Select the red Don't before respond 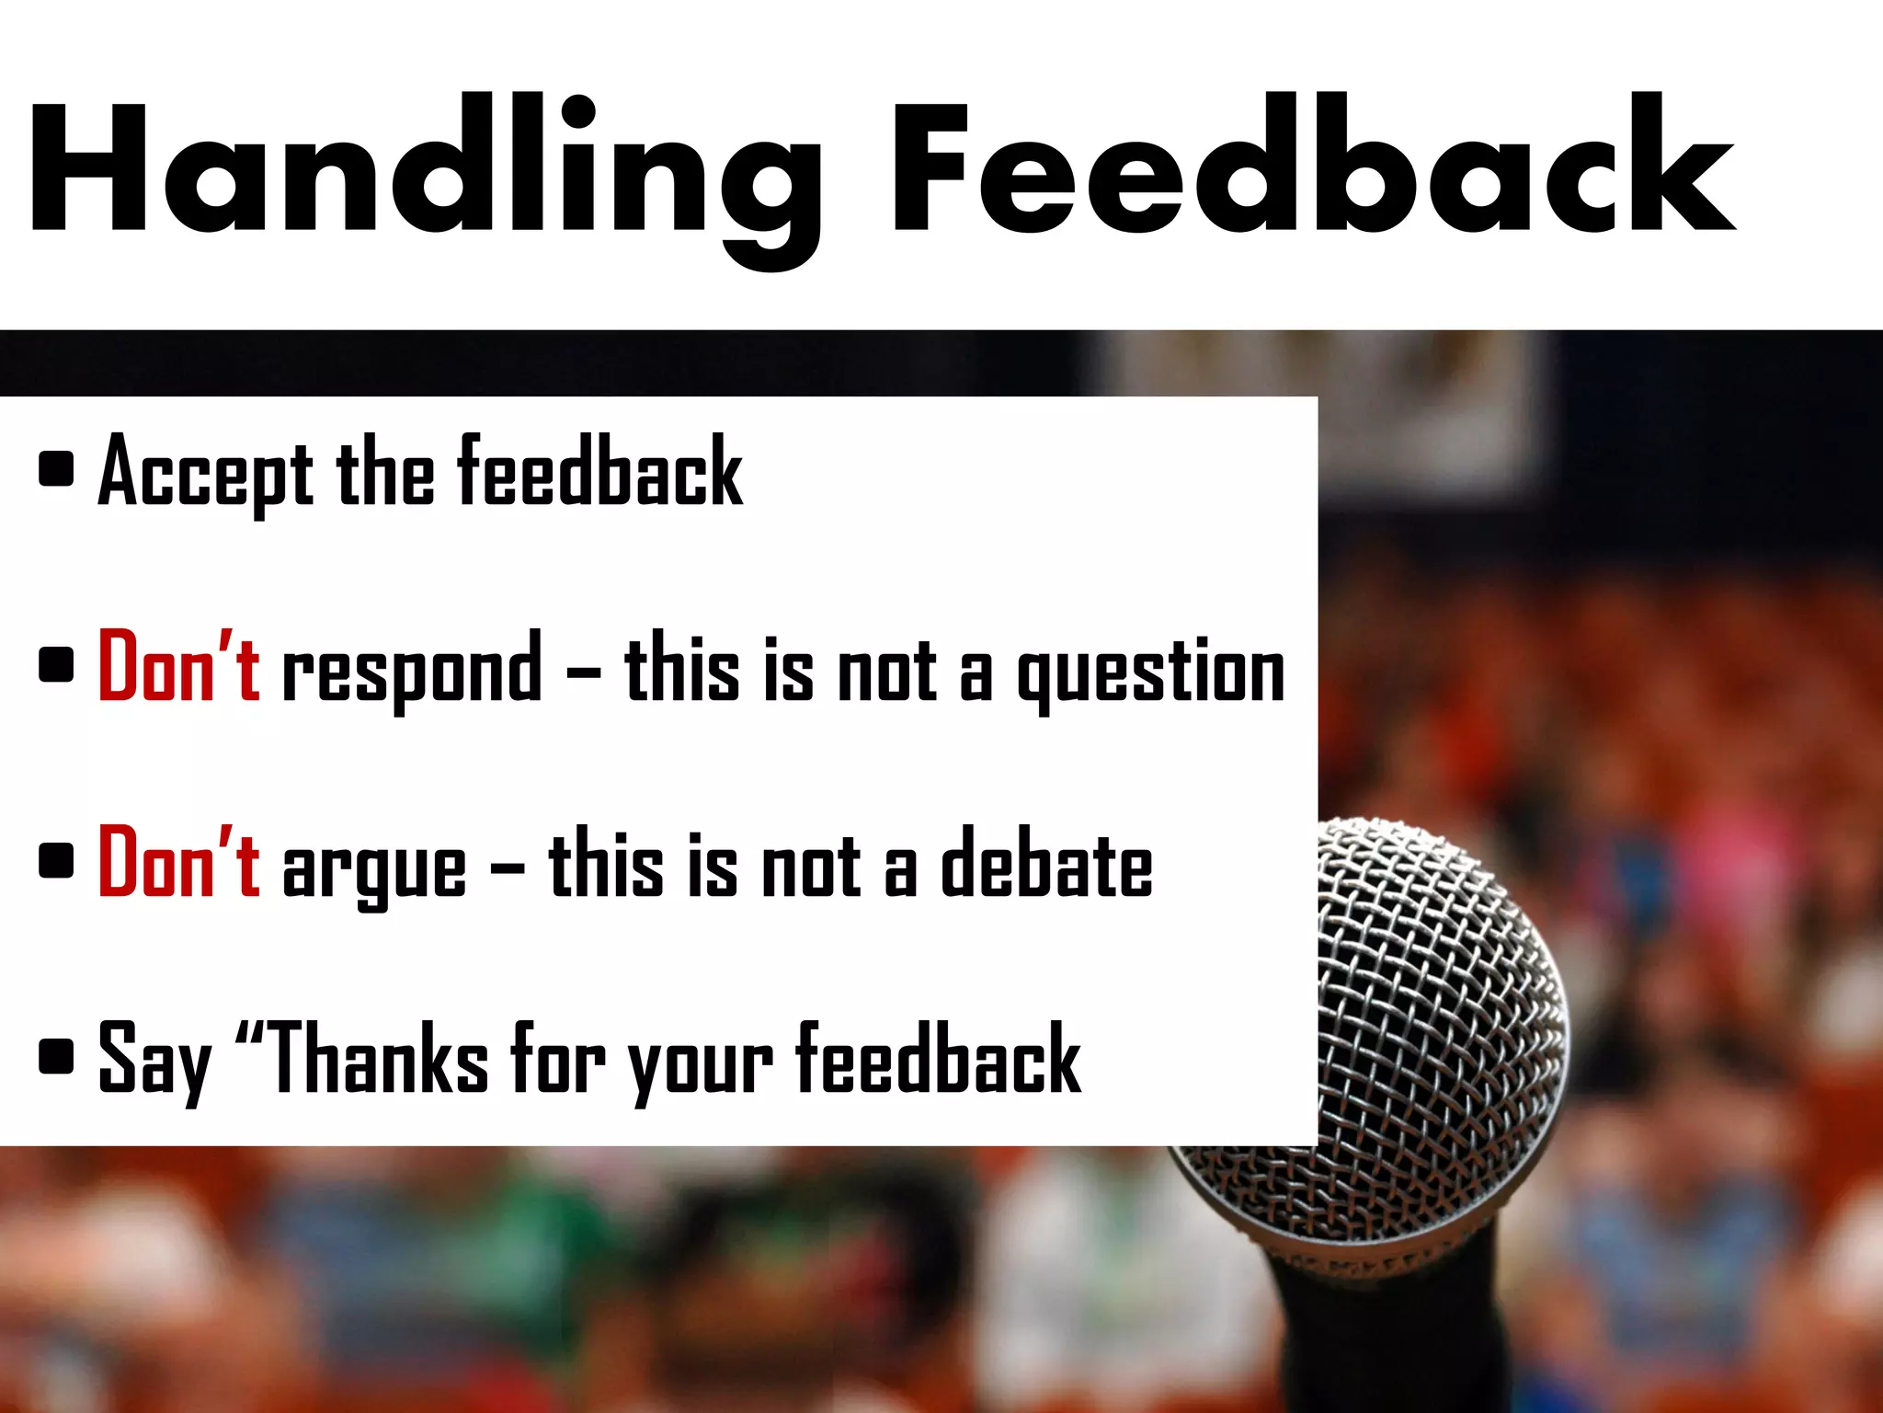click(x=178, y=667)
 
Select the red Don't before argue click(x=178, y=862)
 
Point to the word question click(x=1150, y=672)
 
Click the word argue click(x=374, y=869)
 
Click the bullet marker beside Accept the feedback click(x=57, y=468)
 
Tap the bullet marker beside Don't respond click(x=57, y=664)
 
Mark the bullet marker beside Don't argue click(x=57, y=861)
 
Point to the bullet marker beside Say click(x=57, y=1057)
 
